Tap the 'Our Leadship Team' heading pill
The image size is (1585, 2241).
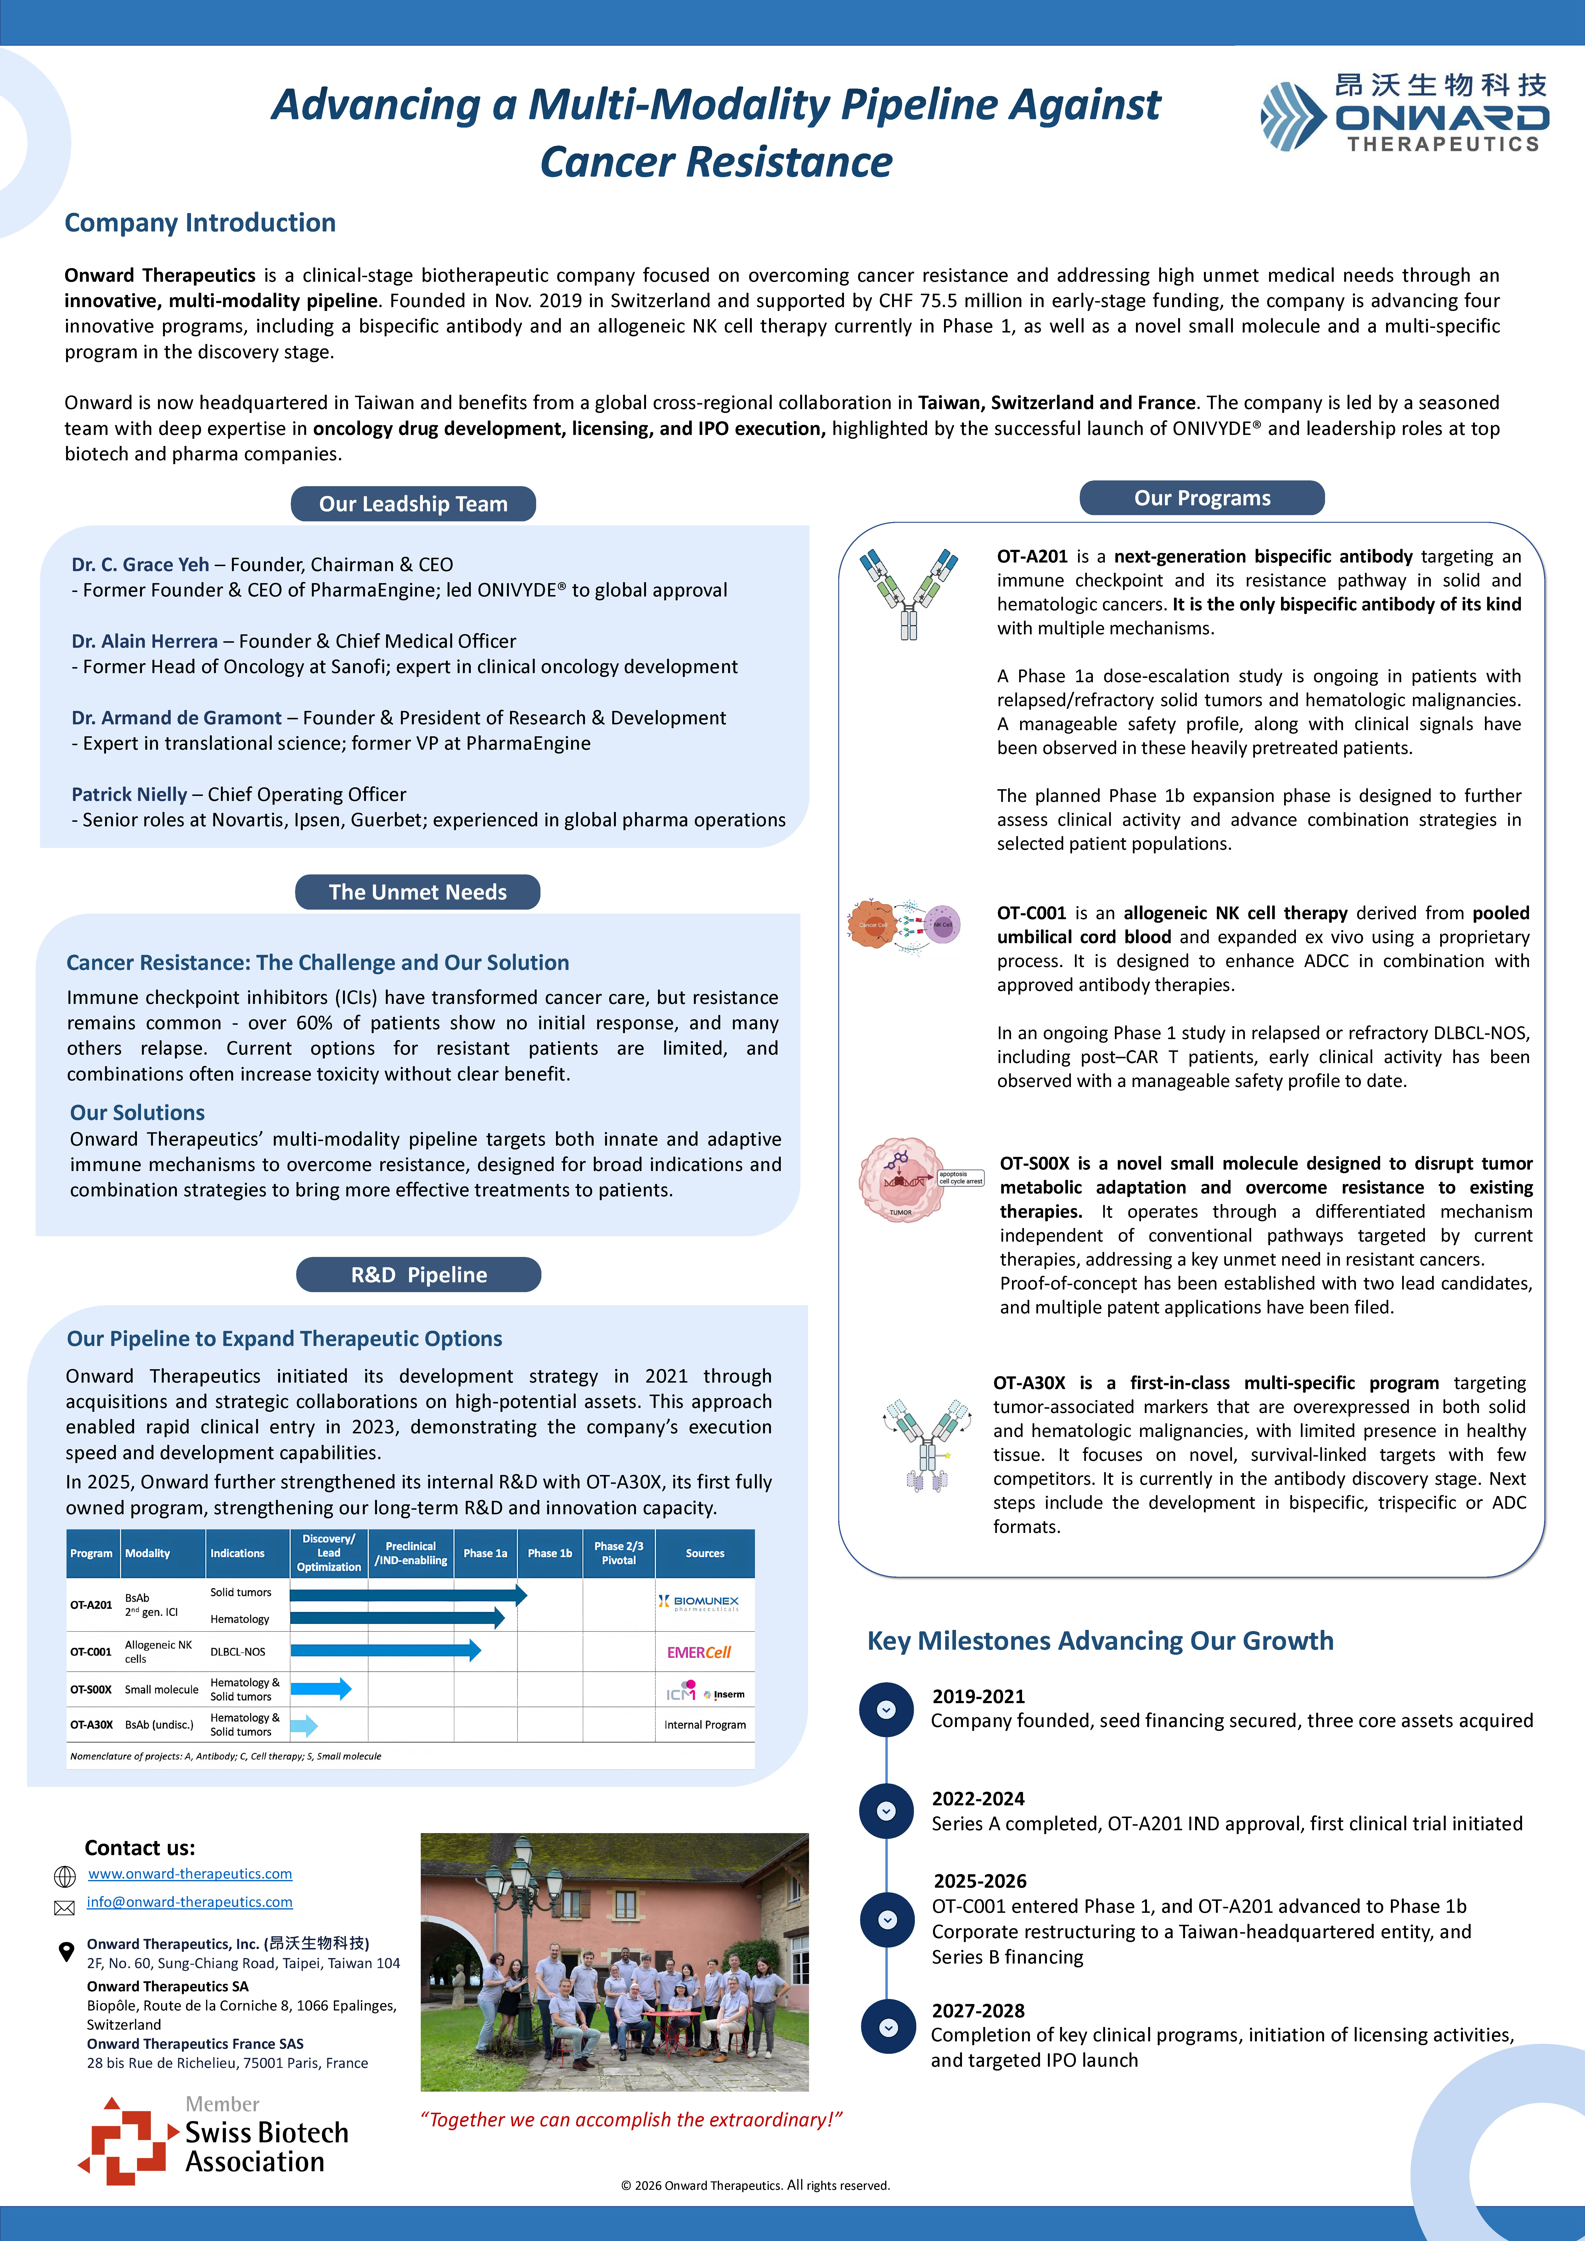(413, 504)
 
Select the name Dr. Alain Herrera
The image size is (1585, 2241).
(144, 641)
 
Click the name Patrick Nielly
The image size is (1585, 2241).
(129, 794)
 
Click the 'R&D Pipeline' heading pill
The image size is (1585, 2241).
(419, 1275)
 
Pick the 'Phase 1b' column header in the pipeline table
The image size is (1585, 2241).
(550, 1553)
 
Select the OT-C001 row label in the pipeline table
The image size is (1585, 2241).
(91, 1651)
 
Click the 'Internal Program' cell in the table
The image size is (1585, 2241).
(705, 1725)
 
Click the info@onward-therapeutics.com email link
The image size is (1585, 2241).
(189, 1902)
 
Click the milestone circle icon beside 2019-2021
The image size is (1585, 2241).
(886, 1709)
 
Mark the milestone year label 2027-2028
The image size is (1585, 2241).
(978, 2011)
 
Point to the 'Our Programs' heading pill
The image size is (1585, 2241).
(1202, 498)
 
